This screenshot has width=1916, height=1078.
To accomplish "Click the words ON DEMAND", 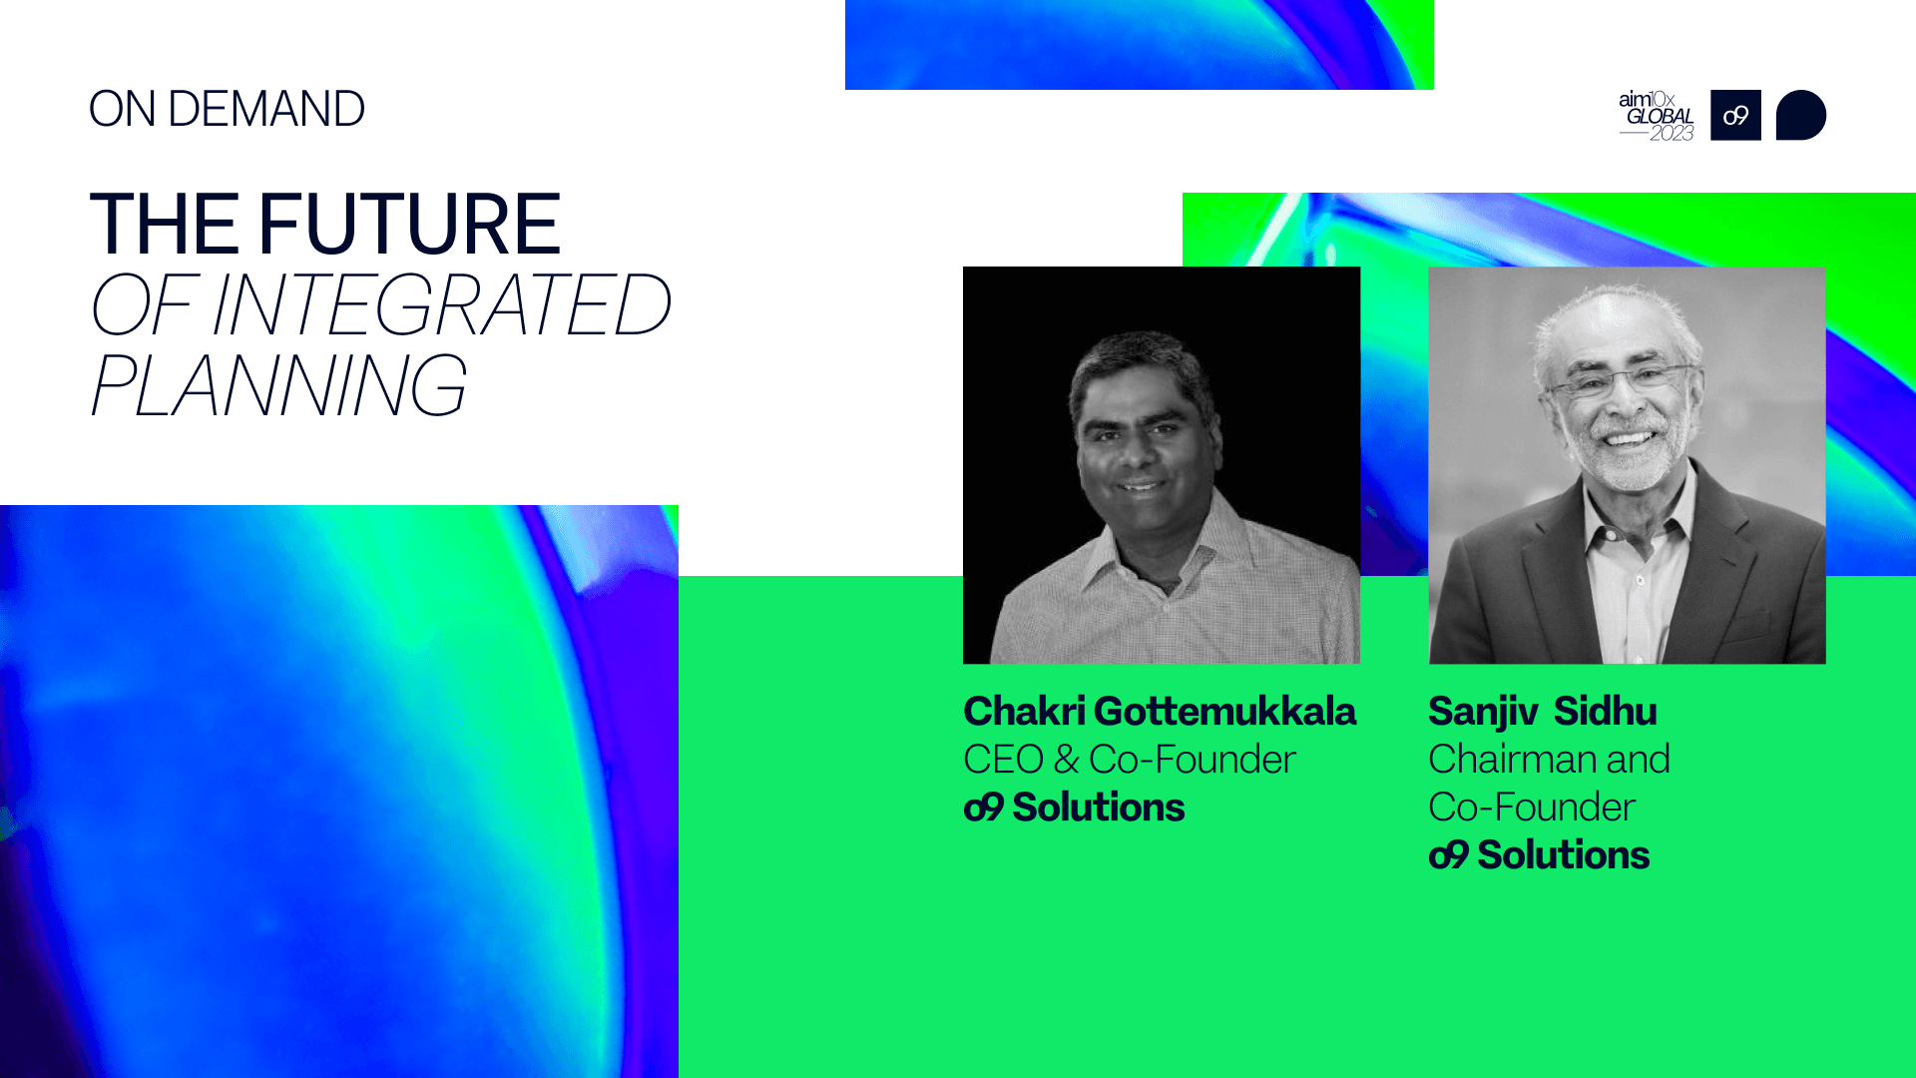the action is pos(227,109).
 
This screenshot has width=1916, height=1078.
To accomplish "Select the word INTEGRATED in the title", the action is pos(441,304).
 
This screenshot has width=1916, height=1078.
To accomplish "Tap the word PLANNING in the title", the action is pos(277,385).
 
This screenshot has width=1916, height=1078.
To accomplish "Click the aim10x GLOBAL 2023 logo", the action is pos(1657,116).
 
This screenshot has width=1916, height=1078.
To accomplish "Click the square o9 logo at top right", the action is pos(1735,115).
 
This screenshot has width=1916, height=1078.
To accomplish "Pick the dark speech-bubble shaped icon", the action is pos(1801,115).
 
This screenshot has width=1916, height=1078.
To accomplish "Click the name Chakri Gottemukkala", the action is pos(1160,712).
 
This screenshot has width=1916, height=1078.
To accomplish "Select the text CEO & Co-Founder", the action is pos(1130,760).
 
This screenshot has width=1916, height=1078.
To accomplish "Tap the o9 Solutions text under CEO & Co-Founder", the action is pos(1074,808).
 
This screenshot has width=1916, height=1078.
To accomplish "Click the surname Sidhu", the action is pos(1605,712).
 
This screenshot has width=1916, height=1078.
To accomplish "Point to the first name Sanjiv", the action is pos(1484,713).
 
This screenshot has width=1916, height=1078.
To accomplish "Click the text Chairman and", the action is pos(1549,760).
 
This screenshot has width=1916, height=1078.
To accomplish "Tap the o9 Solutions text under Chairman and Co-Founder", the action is pos(1539,855).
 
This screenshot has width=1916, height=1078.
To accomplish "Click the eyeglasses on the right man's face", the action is pos(1621,381).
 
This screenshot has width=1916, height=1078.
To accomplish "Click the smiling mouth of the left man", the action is pos(1141,487).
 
